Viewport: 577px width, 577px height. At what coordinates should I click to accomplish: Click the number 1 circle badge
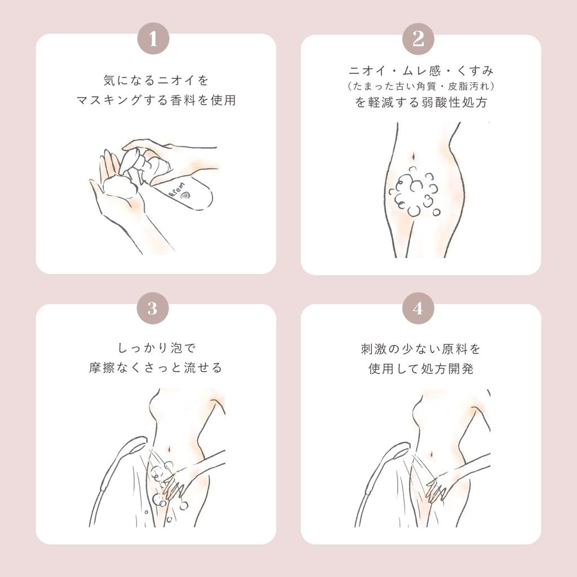point(153,38)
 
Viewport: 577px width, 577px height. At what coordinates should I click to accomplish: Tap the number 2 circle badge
point(418,38)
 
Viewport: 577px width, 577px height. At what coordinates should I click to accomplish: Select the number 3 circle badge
point(153,308)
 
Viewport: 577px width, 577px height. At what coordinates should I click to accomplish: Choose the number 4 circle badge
point(418,308)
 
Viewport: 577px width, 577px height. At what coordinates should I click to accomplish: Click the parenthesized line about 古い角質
point(421,86)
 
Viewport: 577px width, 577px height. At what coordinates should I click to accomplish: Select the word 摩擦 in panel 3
point(103,367)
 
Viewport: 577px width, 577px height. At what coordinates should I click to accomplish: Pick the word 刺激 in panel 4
point(373,349)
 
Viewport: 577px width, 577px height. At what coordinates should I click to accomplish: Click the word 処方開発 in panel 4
point(447,369)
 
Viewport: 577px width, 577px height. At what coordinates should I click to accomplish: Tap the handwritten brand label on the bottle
point(176,190)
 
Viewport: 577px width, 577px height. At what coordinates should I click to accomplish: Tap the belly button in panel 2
point(414,156)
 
